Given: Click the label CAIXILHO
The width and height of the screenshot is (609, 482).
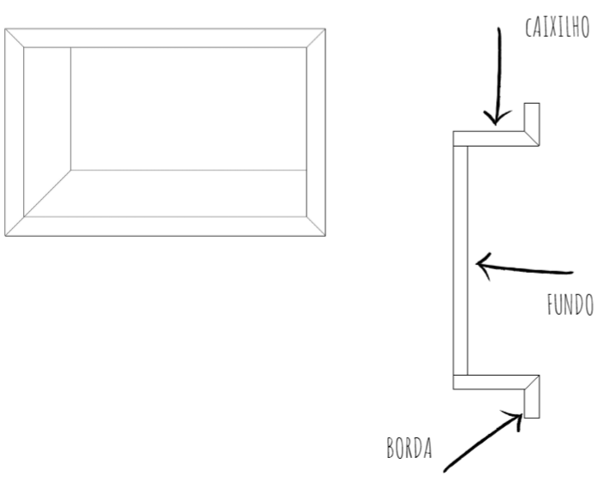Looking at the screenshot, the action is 558,27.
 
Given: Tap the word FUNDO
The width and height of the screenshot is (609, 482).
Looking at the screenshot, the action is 570,304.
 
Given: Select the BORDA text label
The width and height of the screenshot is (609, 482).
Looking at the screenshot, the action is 409,448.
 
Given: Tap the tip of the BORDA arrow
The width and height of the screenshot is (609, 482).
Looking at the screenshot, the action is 522,415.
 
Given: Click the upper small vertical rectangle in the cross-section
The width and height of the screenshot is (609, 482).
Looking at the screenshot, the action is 532,124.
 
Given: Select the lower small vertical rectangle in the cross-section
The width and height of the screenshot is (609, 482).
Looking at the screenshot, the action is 532,397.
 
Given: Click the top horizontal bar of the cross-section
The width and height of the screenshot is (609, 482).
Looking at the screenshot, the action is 496,138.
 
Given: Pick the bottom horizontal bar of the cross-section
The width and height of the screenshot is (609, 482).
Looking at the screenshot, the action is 496,382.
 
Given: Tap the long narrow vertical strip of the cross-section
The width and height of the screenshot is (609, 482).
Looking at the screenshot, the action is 460,261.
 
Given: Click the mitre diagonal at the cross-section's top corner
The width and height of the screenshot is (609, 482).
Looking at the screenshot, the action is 532,138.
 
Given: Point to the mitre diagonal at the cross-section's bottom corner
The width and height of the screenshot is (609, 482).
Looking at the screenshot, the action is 532,383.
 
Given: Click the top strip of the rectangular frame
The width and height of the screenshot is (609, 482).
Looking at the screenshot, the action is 165,38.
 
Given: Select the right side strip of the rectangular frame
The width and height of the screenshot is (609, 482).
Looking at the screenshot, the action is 316,132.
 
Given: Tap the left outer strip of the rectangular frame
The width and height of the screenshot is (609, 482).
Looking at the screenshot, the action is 15,132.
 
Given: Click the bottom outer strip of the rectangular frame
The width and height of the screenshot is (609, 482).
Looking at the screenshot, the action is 165,226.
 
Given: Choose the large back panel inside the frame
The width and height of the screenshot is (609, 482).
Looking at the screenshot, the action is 188,109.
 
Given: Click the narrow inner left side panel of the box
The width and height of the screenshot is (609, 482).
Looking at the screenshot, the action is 47,121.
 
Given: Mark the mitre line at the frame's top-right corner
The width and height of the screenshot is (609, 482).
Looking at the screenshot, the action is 316,38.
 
